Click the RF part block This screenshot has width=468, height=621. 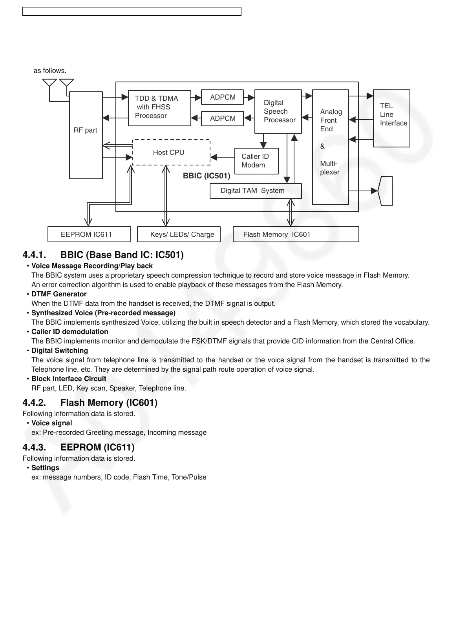click(86, 135)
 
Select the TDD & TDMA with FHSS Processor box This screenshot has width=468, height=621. click(159, 108)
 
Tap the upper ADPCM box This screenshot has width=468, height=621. click(222, 97)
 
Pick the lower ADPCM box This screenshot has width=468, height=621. click(222, 118)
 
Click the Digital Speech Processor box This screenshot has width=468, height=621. click(278, 111)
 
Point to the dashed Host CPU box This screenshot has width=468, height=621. click(171, 152)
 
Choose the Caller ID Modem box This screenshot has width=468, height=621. click(256, 161)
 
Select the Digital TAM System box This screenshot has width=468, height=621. click(255, 191)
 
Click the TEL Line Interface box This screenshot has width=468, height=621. click(391, 118)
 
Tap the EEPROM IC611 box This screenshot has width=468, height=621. click(89, 234)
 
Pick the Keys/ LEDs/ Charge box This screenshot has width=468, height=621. click(179, 234)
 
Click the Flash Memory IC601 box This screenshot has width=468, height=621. click(296, 234)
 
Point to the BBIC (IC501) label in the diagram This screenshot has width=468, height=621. click(207, 176)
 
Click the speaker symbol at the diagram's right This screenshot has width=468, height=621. click(386, 191)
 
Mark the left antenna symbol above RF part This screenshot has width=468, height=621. click(49, 83)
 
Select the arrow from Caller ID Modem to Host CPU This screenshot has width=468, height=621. click(222, 157)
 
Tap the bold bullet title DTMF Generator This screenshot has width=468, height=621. click(59, 294)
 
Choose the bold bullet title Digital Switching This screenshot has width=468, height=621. click(60, 350)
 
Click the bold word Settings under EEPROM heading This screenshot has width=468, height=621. click(45, 468)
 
